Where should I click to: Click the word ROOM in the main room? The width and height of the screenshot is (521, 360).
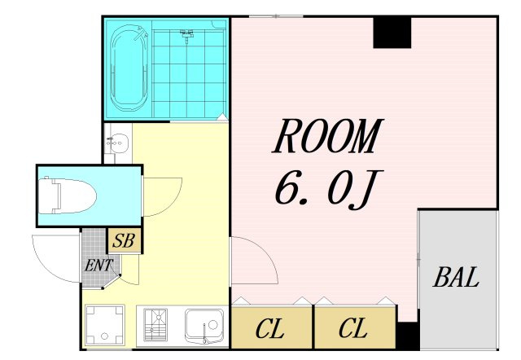click(327, 136)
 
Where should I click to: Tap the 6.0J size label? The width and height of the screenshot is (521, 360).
click(328, 190)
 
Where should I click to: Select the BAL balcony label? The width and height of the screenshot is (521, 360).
click(456, 277)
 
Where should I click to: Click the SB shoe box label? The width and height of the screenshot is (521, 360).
click(124, 240)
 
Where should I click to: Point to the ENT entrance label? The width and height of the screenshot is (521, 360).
click(99, 266)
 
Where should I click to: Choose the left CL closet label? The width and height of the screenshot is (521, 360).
click(269, 328)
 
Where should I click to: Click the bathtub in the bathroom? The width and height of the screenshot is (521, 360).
click(129, 68)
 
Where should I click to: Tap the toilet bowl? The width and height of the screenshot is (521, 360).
click(68, 195)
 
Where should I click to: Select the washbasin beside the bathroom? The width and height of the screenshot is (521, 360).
click(117, 143)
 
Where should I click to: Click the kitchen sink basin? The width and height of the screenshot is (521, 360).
click(204, 327)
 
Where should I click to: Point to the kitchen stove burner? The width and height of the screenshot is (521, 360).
click(155, 324)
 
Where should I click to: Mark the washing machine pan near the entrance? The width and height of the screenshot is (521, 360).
click(105, 325)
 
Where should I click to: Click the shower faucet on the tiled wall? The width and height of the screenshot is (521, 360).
click(187, 35)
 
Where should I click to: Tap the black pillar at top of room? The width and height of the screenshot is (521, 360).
click(392, 33)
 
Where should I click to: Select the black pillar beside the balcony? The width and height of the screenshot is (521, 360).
click(408, 335)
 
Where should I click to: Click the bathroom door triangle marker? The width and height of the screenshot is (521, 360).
click(222, 116)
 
